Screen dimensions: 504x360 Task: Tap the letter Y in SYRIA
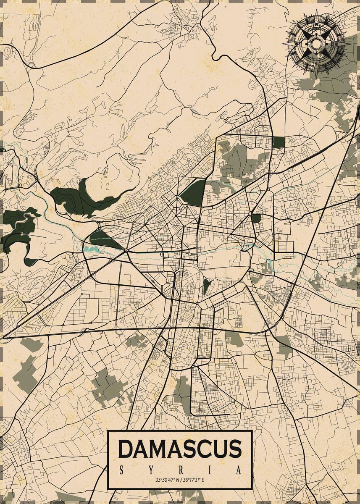click(x=151, y=470)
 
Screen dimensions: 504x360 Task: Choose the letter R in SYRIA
click(x=180, y=470)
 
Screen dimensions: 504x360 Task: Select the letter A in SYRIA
click(x=239, y=470)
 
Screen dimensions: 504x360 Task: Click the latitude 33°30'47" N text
click(x=166, y=480)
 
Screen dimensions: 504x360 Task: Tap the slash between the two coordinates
click(x=180, y=480)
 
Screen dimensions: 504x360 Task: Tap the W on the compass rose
click(x=296, y=43)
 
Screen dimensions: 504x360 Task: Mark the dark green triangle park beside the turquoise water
click(x=103, y=239)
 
